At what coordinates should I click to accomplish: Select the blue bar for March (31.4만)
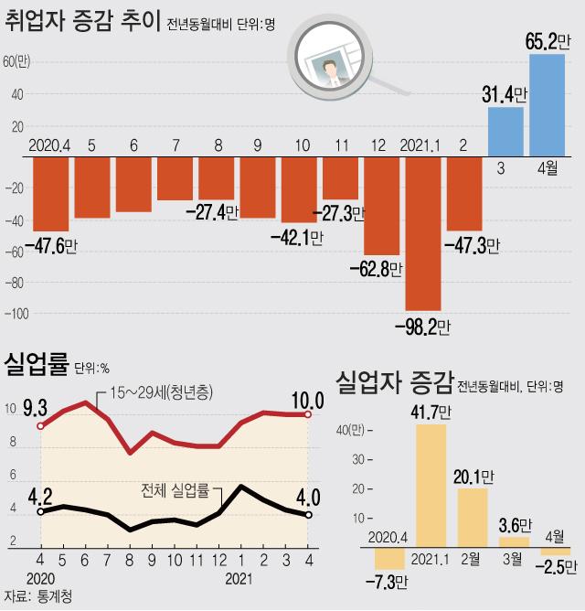click(505, 132)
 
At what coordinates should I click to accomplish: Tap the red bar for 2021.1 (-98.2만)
click(423, 233)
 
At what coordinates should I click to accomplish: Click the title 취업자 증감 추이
click(83, 20)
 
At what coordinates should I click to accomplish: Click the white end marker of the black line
click(308, 515)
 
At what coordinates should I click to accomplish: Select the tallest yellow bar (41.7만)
click(431, 485)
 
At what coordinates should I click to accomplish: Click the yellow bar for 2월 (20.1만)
click(473, 517)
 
